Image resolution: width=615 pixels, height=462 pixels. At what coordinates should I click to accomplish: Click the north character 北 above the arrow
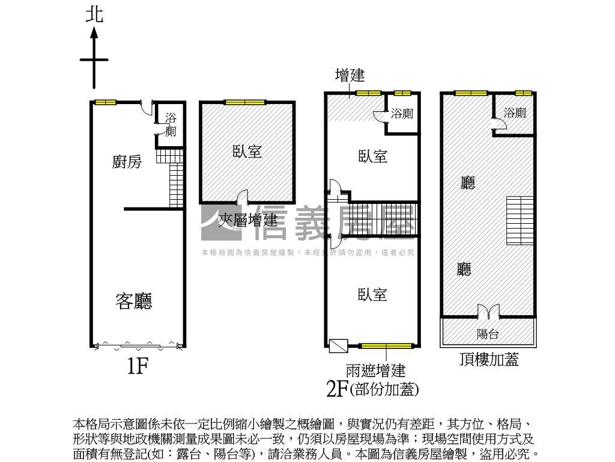coord(94,15)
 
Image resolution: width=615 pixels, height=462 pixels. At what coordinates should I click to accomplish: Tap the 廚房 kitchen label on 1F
coord(127,161)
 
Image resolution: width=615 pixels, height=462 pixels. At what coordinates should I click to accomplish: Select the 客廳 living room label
coord(133,301)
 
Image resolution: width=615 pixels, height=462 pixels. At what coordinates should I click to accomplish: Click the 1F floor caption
coord(137,365)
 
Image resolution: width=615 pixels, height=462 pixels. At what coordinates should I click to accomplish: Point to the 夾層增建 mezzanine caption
coord(247,220)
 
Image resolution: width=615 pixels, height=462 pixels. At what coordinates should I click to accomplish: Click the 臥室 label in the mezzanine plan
coord(247,150)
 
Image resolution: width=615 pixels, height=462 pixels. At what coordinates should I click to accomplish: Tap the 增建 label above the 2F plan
coord(350,76)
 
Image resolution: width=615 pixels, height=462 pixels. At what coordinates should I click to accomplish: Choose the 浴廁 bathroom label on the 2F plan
coord(402,113)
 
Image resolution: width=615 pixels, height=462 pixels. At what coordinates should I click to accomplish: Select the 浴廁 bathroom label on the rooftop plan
coord(515,112)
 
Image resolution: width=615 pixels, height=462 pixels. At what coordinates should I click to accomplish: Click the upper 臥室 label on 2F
coord(372,156)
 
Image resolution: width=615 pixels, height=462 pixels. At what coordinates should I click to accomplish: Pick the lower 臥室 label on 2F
coord(372,295)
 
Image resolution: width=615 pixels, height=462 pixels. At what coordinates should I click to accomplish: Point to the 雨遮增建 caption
coord(375,369)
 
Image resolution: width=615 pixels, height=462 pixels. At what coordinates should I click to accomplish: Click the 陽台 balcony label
coord(488,334)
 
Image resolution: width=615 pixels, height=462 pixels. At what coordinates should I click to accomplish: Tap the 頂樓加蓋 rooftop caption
coord(488,360)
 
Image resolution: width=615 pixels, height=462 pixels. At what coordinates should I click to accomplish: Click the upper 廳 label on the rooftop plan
coord(467,183)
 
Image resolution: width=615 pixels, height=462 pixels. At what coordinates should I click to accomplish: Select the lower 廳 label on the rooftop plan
coord(464,269)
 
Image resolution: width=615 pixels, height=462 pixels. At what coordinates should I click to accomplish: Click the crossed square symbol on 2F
coord(338,345)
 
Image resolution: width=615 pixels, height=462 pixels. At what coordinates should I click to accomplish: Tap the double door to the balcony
coord(488,312)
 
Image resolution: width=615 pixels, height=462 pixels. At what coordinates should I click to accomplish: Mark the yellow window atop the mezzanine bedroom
coord(244,102)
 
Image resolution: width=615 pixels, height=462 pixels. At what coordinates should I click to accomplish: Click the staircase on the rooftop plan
coord(520,220)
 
